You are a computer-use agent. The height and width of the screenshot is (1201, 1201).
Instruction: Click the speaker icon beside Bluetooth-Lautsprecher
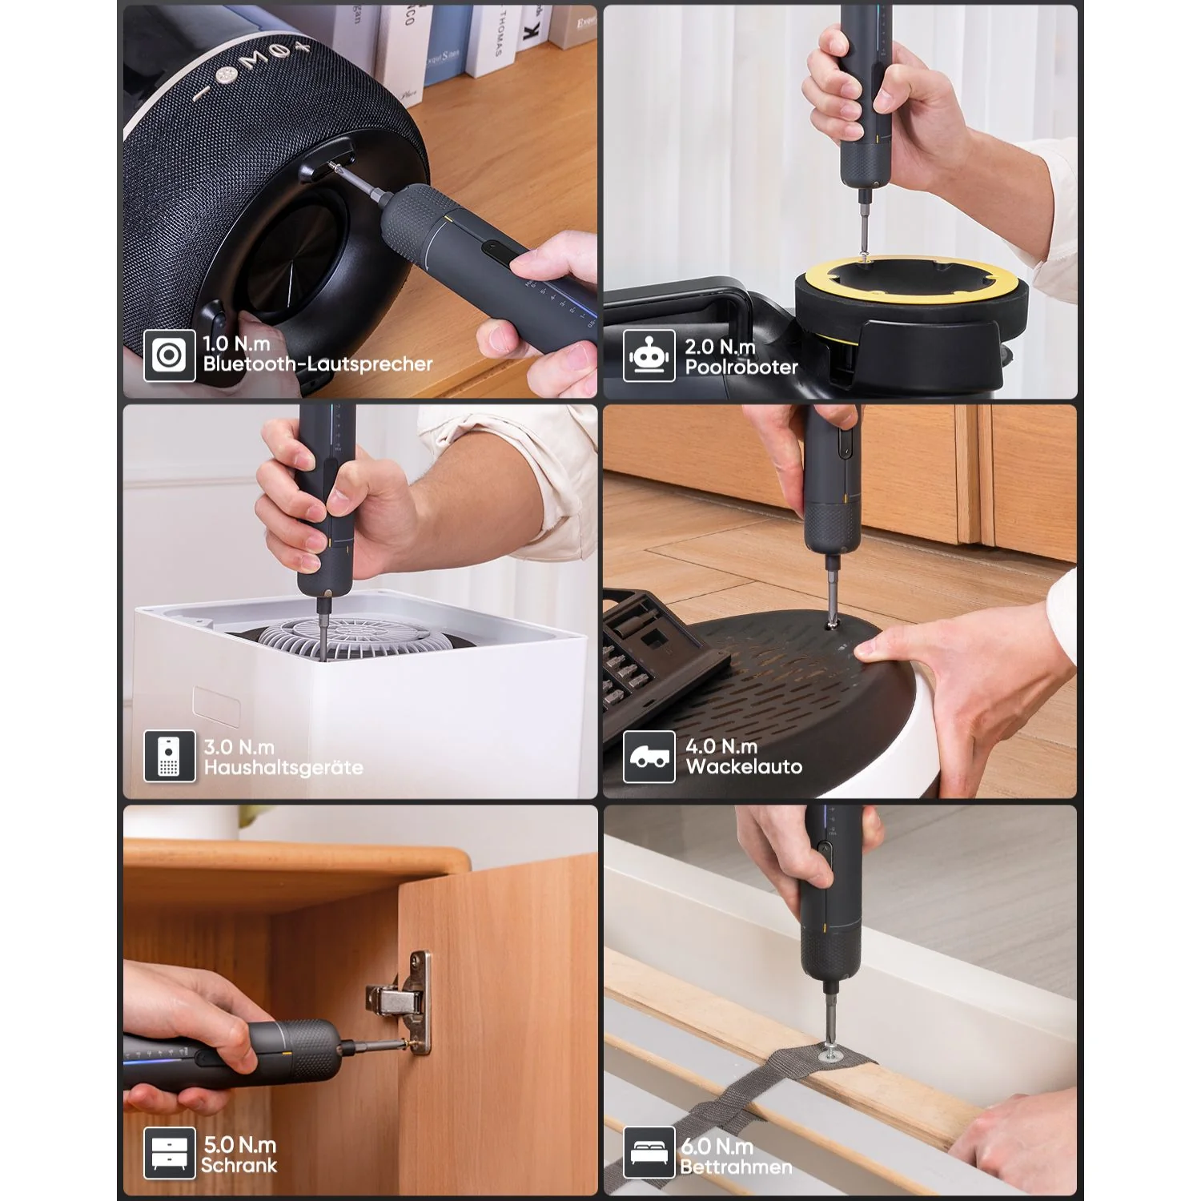(170, 355)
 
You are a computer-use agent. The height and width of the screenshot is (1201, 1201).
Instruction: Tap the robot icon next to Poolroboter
(649, 355)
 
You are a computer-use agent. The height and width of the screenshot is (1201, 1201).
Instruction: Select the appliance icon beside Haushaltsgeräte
(170, 756)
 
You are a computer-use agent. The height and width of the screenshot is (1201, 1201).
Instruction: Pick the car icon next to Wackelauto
(649, 757)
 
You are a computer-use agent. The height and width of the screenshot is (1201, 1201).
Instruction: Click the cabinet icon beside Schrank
(170, 1154)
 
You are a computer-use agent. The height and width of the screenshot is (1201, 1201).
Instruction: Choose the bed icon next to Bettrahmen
(649, 1153)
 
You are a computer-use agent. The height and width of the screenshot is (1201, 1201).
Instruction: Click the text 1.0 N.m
(236, 343)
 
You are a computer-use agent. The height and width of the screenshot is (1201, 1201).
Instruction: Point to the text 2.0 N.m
(720, 347)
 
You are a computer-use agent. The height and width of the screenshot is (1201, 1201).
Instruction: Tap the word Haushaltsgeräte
(283, 768)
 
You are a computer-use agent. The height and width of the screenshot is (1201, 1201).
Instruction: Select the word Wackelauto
(744, 766)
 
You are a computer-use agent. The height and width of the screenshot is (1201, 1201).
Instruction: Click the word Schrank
(239, 1165)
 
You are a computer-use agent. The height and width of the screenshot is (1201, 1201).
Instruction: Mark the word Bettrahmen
(736, 1167)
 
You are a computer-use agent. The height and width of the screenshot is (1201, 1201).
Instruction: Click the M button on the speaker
(250, 59)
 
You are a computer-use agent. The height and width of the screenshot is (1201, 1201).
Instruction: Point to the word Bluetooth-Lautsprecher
(318, 364)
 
